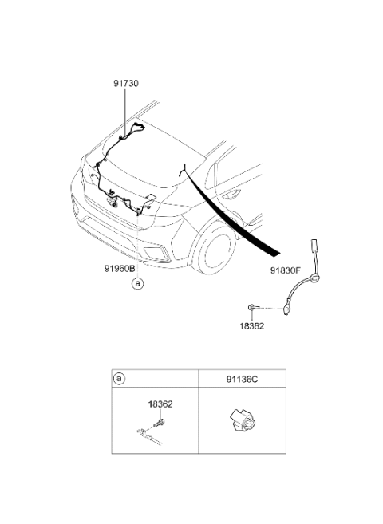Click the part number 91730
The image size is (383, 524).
pyautogui.click(x=125, y=83)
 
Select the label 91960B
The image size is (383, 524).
pyautogui.click(x=120, y=268)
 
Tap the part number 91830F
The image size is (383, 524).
pyautogui.click(x=286, y=270)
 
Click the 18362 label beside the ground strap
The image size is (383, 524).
pyautogui.click(x=251, y=326)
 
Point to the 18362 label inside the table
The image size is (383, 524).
pyautogui.click(x=160, y=404)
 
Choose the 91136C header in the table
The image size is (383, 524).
pyautogui.click(x=243, y=380)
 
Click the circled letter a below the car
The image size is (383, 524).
pyautogui.click(x=137, y=284)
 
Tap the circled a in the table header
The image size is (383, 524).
pyautogui.click(x=120, y=379)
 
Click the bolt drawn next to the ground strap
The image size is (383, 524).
pyautogui.click(x=252, y=307)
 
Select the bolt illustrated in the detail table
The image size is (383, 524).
pyautogui.click(x=159, y=423)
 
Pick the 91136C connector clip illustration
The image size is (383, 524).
pyautogui.click(x=243, y=424)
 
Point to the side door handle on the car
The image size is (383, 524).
pyautogui.click(x=231, y=193)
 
